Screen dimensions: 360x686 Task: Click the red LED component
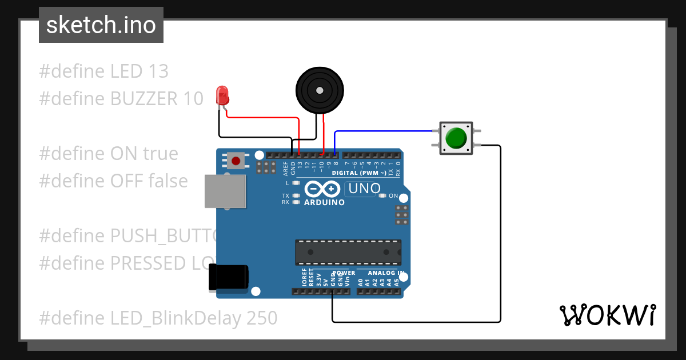[x=222, y=95]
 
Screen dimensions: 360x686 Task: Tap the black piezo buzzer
[x=320, y=90]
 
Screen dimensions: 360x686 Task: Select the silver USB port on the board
[x=225, y=191]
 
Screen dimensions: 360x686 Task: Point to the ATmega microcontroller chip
[x=348, y=252]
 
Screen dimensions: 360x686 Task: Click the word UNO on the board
[x=364, y=188]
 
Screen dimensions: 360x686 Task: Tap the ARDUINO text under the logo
[x=324, y=202]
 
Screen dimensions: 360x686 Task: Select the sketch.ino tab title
[x=101, y=25]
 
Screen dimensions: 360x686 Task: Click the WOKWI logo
[x=607, y=315]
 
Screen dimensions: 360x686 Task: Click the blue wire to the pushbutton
[x=383, y=131]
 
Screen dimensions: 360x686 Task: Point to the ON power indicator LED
[x=382, y=196]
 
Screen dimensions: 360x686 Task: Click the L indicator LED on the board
[x=296, y=183]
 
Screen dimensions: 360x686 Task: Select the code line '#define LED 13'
[x=104, y=71]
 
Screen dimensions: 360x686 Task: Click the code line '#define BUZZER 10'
[x=121, y=99]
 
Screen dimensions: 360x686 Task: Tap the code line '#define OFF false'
[x=113, y=181]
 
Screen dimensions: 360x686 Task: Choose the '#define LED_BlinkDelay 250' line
[x=158, y=318]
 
